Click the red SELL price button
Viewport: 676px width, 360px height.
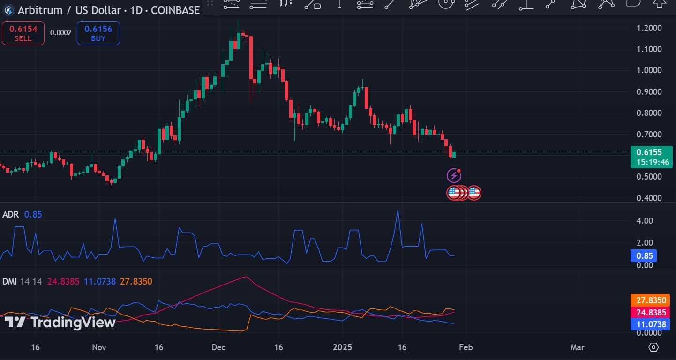point(23,33)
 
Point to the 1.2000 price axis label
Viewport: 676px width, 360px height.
point(649,28)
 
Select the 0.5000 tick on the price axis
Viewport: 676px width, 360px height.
point(649,177)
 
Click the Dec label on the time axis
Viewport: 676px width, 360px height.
point(218,347)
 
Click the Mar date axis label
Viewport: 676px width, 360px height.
point(577,347)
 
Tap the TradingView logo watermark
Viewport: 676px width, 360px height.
point(60,322)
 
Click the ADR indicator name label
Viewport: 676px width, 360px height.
point(10,214)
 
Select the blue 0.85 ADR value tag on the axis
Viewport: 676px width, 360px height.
point(643,256)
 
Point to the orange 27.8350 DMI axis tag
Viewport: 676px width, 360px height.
point(649,300)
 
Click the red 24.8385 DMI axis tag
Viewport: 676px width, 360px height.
point(649,312)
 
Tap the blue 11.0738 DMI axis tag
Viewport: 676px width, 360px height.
point(649,324)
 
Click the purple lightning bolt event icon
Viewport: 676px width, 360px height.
point(454,176)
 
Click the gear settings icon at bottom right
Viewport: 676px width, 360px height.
point(653,347)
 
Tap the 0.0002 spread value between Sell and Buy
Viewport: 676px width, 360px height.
point(60,33)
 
